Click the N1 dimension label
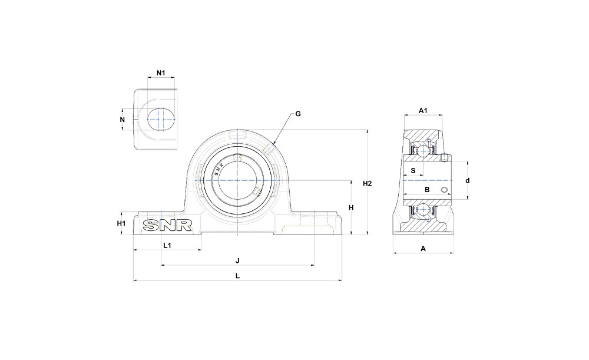pos(161,72)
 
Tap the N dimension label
pos(122,120)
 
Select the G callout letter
pos(298,114)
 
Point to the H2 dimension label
pos(367,183)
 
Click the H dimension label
pos(351,207)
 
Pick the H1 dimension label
pos(121,223)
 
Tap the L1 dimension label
pos(167,245)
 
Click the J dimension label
pos(237,260)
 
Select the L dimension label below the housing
pos(237,276)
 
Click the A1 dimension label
pos(423,111)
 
